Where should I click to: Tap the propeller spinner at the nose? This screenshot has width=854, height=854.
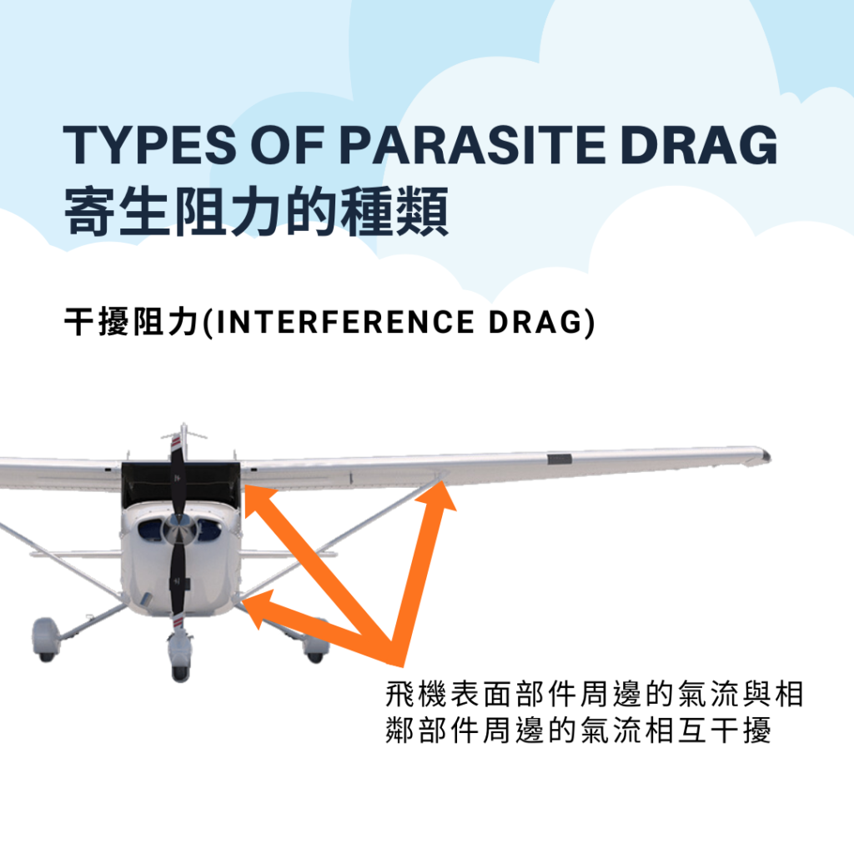[x=178, y=525]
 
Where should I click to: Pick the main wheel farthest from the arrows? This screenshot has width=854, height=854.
[x=46, y=640]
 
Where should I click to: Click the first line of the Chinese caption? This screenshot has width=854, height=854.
[x=594, y=695]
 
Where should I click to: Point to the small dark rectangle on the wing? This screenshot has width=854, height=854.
[x=559, y=459]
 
